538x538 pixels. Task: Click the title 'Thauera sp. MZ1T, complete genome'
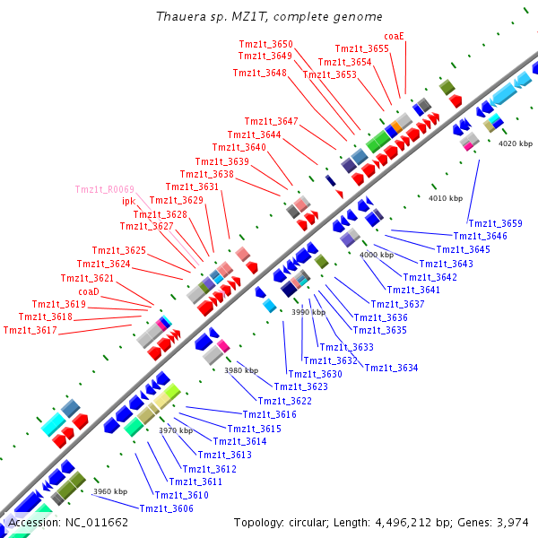coord(269,17)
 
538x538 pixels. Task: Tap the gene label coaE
coord(395,36)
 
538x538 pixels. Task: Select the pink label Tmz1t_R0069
coord(105,189)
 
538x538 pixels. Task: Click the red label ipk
coord(128,201)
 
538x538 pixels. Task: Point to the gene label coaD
coord(89,291)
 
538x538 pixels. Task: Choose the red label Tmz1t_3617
coord(30,330)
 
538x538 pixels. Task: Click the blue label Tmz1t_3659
coord(495,223)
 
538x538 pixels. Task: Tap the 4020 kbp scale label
coord(516,143)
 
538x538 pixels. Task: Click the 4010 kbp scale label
coord(446,198)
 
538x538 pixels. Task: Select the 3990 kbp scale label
coord(308,312)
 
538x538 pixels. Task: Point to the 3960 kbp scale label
coord(110,491)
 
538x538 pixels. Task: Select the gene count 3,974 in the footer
coord(513,522)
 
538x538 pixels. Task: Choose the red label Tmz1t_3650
coord(265,44)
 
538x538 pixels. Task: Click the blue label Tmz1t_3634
coord(391,368)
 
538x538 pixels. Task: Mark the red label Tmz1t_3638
coord(206,174)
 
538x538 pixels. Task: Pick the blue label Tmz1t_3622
coord(284,401)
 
